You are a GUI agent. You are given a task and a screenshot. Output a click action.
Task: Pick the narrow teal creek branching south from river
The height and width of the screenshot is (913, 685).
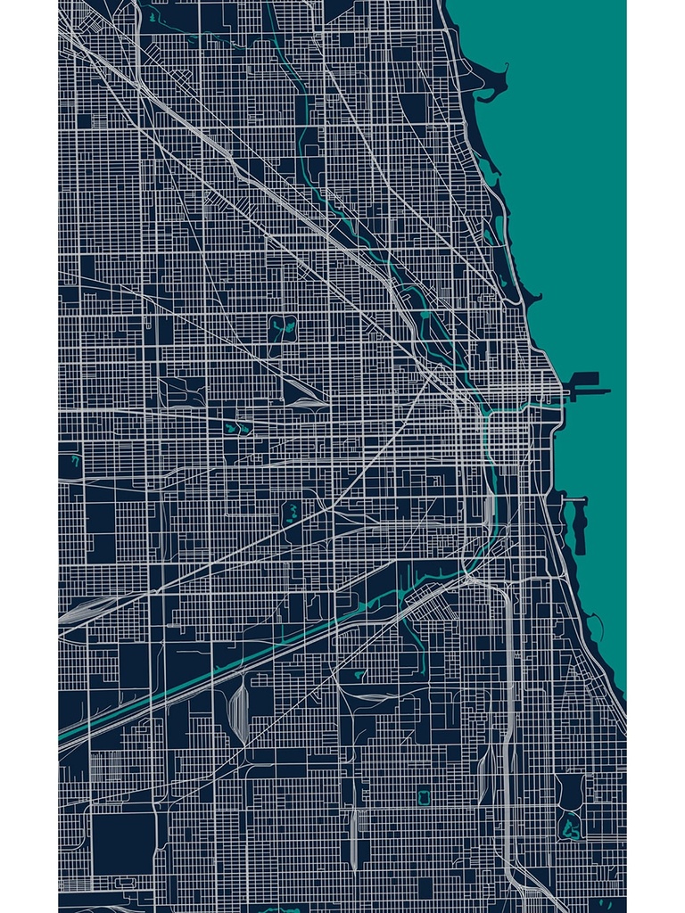tap(415, 633)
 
